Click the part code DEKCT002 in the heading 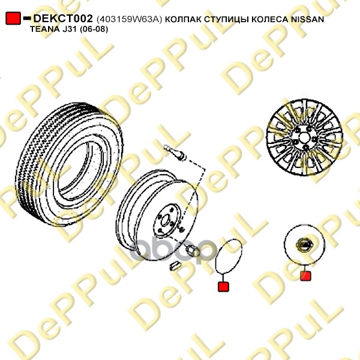pos(63,19)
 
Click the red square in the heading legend pos(13,18)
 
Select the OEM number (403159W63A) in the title pos(130,20)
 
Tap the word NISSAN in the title pos(307,19)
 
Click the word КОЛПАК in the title pos(183,20)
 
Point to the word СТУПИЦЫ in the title pos(226,20)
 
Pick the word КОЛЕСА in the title pos(270,20)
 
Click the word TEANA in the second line pos(44,29)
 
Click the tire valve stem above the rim pos(175,152)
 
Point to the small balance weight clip pos(175,266)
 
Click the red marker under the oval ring pos(223,287)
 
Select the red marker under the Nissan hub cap pos(305,276)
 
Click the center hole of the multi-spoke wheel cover pos(304,138)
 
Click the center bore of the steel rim pos(166,221)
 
